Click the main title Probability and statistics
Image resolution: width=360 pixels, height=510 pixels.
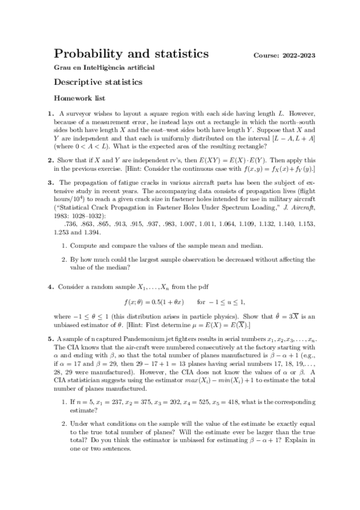tap(131, 54)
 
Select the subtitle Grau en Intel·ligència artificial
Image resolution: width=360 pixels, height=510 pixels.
tap(104, 68)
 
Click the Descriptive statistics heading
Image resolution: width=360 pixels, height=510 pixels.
tap(98, 82)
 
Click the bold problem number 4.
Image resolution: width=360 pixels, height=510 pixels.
tap(50, 287)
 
